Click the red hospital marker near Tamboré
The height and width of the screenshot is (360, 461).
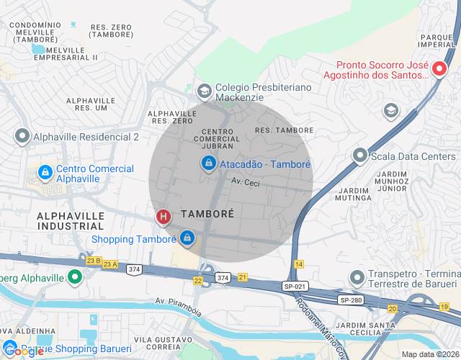(x=164, y=216)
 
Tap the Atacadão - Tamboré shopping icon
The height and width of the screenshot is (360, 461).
(x=208, y=164)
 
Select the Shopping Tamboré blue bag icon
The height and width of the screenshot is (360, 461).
(x=187, y=236)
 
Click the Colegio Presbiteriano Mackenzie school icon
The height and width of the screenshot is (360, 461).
(x=204, y=91)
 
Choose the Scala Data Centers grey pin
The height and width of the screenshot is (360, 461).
(x=359, y=156)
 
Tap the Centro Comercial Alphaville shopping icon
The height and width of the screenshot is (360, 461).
(x=45, y=174)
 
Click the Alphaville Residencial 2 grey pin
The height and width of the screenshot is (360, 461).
(x=22, y=136)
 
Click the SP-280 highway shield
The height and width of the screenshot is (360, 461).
(x=349, y=300)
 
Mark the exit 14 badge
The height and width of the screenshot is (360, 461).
(x=299, y=265)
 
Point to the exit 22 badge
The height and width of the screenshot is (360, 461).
(x=198, y=281)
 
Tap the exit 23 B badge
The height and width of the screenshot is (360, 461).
(x=93, y=260)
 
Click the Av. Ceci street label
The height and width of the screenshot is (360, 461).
(x=245, y=183)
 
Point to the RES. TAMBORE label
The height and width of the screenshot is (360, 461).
(x=284, y=130)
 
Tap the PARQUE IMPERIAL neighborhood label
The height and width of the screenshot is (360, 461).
(x=439, y=42)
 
